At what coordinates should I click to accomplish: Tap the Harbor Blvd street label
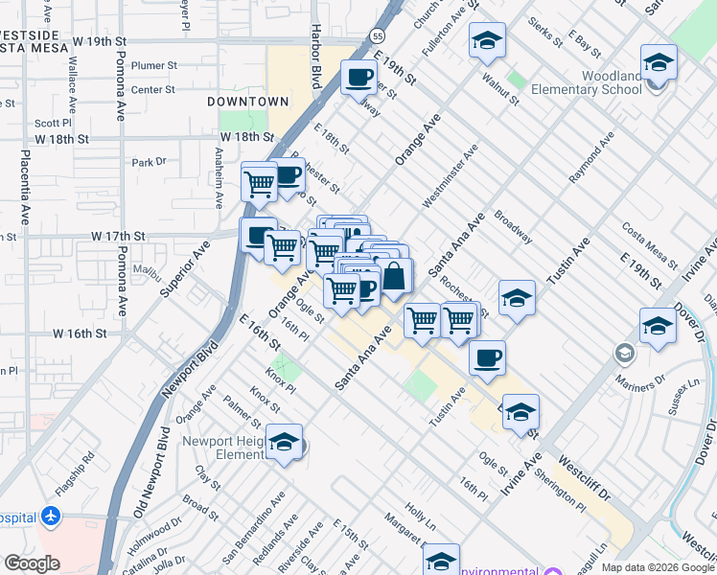[x=313, y=63]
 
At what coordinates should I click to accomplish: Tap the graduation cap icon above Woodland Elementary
[x=659, y=62]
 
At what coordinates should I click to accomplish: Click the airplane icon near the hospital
[x=51, y=517]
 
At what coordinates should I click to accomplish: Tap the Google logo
[x=32, y=563]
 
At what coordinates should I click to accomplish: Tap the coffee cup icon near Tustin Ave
[x=487, y=358]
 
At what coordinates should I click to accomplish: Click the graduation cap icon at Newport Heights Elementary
[x=284, y=442]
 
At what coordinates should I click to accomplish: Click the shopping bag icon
[x=395, y=278]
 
